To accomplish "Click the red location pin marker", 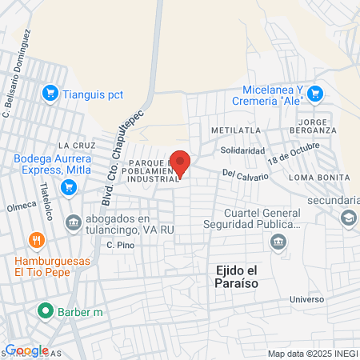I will click(181, 163).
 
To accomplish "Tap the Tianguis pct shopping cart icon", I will click(50, 93).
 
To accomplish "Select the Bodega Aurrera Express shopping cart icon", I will click(69, 188).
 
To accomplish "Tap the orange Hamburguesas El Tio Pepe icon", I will click(35, 239).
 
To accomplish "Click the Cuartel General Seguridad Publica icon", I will click(278, 242).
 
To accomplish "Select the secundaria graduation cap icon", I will click(348, 218).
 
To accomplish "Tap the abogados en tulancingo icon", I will click(73, 222).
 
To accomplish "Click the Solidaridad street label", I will click(242, 150).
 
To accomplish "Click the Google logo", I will click(26, 350).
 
